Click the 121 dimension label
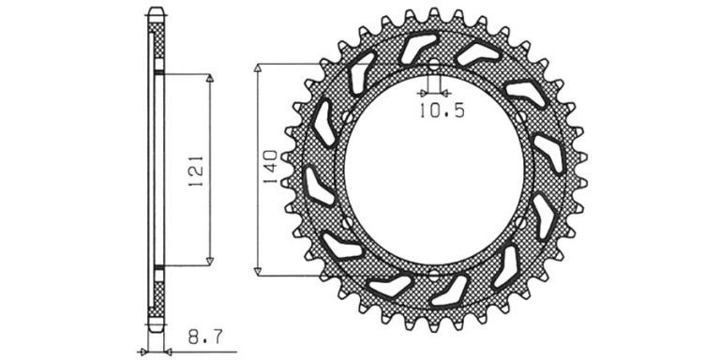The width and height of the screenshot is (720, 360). tap(196, 171)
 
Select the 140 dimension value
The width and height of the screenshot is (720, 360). tap(270, 167)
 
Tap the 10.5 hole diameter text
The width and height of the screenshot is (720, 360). tap(442, 111)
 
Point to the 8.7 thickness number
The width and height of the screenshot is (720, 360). tap(205, 337)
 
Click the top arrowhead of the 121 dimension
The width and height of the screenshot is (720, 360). tap(210, 78)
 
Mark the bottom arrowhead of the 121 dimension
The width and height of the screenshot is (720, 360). tap(210, 262)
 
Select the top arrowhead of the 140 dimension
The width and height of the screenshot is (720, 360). tap(258, 68)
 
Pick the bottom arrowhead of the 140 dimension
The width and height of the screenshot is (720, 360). tap(258, 271)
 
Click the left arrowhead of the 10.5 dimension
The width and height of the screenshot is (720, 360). tap(423, 93)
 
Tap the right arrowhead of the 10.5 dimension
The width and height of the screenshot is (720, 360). tap(445, 93)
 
